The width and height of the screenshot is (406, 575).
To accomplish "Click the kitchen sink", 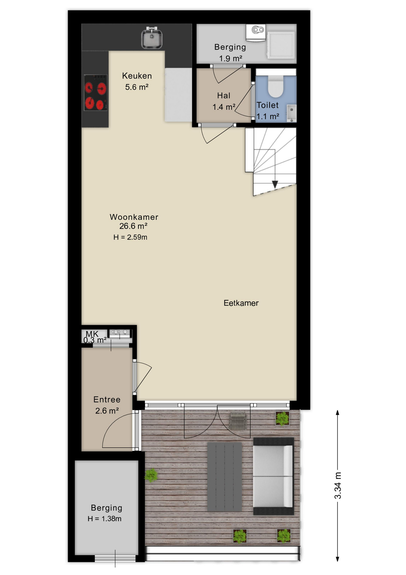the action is (x=152, y=37).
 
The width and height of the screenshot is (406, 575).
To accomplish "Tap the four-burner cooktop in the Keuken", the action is (x=96, y=93).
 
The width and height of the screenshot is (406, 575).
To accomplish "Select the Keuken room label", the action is (x=137, y=76).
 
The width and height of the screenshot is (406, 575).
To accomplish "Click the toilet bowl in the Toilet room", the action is (x=275, y=86).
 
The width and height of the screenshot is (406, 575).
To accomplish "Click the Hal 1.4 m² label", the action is (x=224, y=101).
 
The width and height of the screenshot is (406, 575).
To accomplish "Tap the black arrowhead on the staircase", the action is (x=275, y=184).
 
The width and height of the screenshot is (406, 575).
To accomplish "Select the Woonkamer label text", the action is (x=134, y=217).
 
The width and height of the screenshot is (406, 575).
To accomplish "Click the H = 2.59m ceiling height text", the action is (x=130, y=237).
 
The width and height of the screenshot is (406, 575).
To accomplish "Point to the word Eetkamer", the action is (x=241, y=303).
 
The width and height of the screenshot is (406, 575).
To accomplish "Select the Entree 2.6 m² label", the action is (x=107, y=405).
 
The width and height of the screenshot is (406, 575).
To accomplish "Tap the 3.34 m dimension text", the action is (x=338, y=485).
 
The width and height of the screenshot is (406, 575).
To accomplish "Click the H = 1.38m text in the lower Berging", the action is (x=105, y=519).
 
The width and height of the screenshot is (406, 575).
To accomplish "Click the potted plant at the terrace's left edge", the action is (x=151, y=475).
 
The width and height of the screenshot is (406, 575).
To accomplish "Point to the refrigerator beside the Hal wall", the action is (x=178, y=95).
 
